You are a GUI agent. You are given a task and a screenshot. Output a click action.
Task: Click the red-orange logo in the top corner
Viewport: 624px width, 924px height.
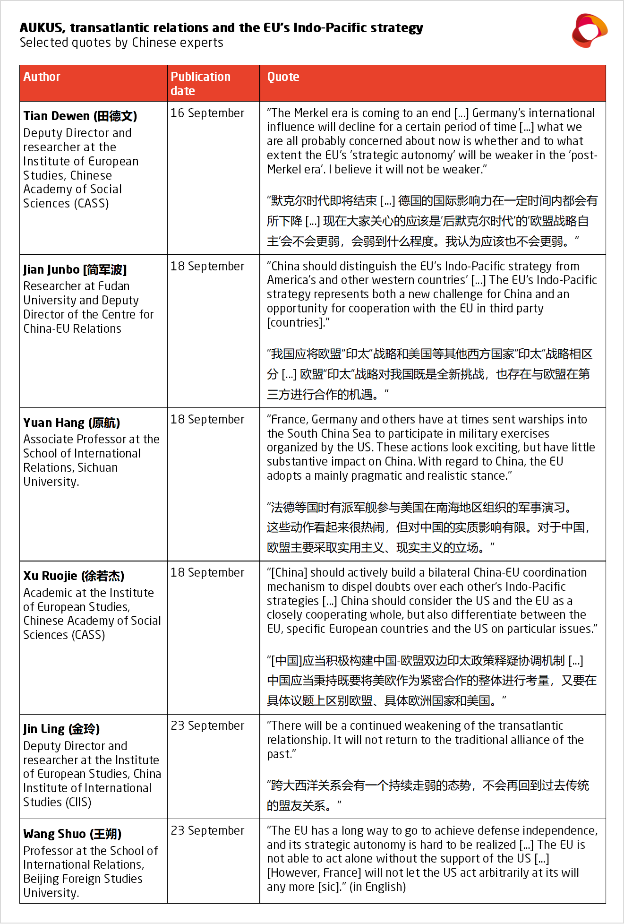(589, 31)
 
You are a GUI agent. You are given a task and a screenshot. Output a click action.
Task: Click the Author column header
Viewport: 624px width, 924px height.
(42, 77)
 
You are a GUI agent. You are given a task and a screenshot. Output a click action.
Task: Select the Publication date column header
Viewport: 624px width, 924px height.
(200, 83)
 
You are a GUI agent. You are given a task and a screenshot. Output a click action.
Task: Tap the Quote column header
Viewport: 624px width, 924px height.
(283, 77)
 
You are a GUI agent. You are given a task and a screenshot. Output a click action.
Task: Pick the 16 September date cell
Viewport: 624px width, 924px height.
(207, 113)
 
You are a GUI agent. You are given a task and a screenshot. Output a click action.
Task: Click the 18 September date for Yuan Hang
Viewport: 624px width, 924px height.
(207, 420)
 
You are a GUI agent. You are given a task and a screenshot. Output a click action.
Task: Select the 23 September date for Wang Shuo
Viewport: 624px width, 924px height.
(207, 831)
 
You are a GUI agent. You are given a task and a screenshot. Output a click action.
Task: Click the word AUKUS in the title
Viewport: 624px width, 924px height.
(41, 28)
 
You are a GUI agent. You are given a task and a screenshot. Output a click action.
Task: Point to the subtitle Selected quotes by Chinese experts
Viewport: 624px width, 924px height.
(121, 43)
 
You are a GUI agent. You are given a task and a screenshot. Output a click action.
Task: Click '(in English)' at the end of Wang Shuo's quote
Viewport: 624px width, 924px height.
(377, 887)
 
